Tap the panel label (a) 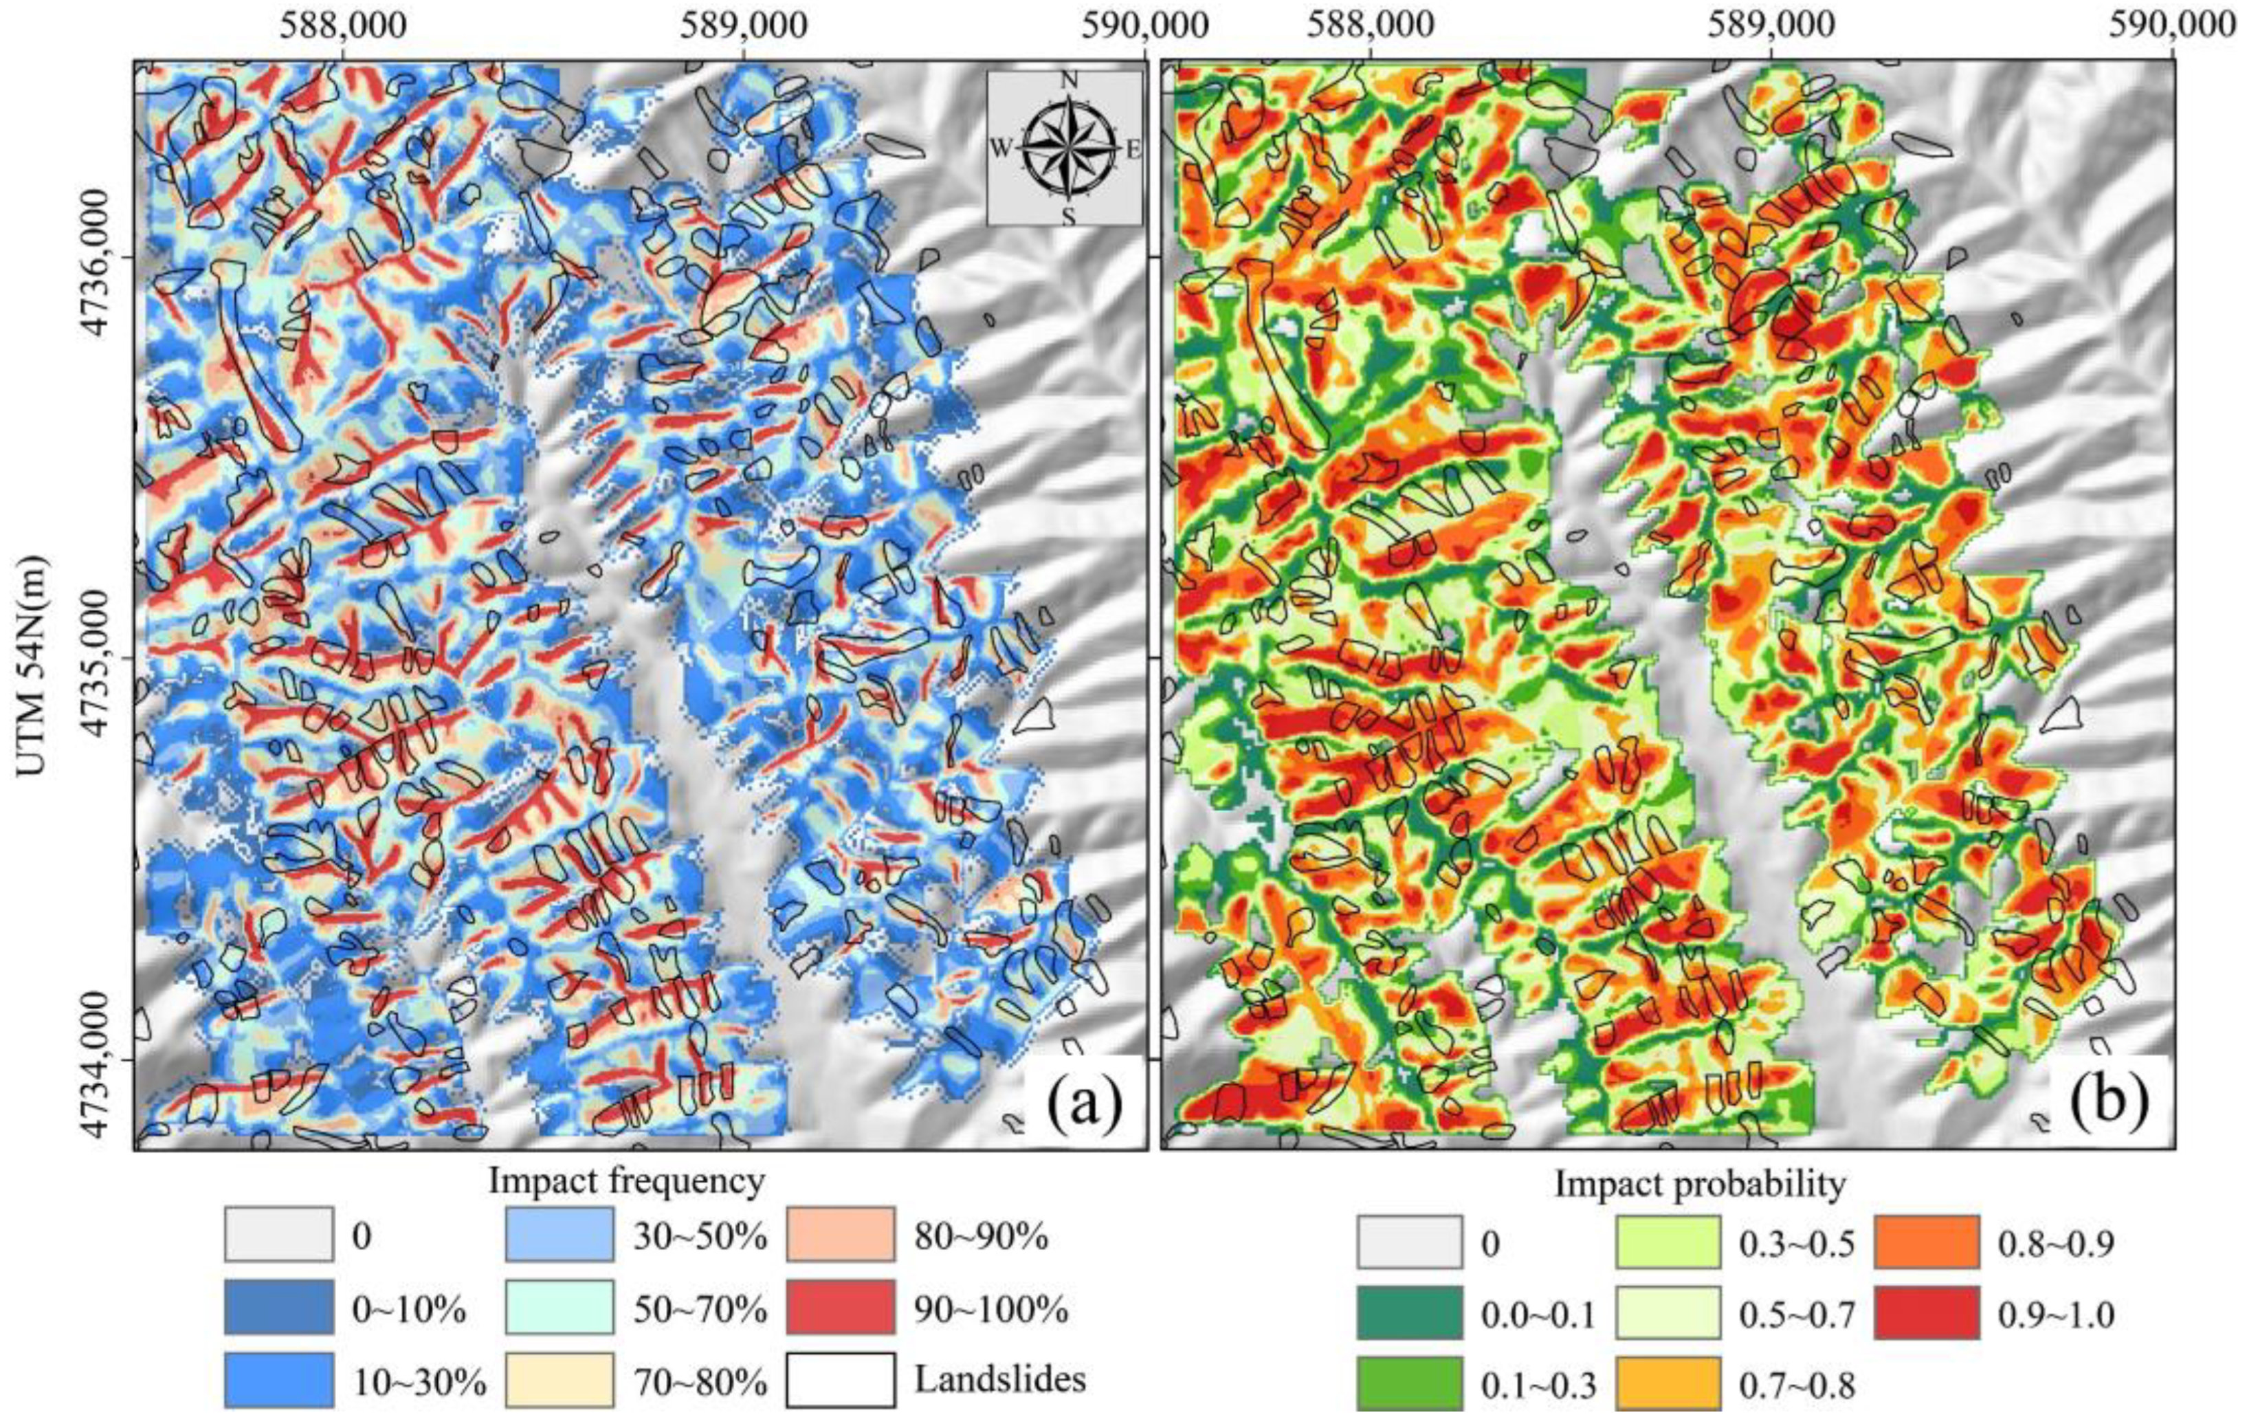pos(1083,1104)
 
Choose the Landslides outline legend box pos(840,1379)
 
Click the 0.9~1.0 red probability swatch pos(1926,1313)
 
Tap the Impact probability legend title pos(1700,1185)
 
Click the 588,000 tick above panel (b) pos(1370,25)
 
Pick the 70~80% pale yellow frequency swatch pos(560,1379)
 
